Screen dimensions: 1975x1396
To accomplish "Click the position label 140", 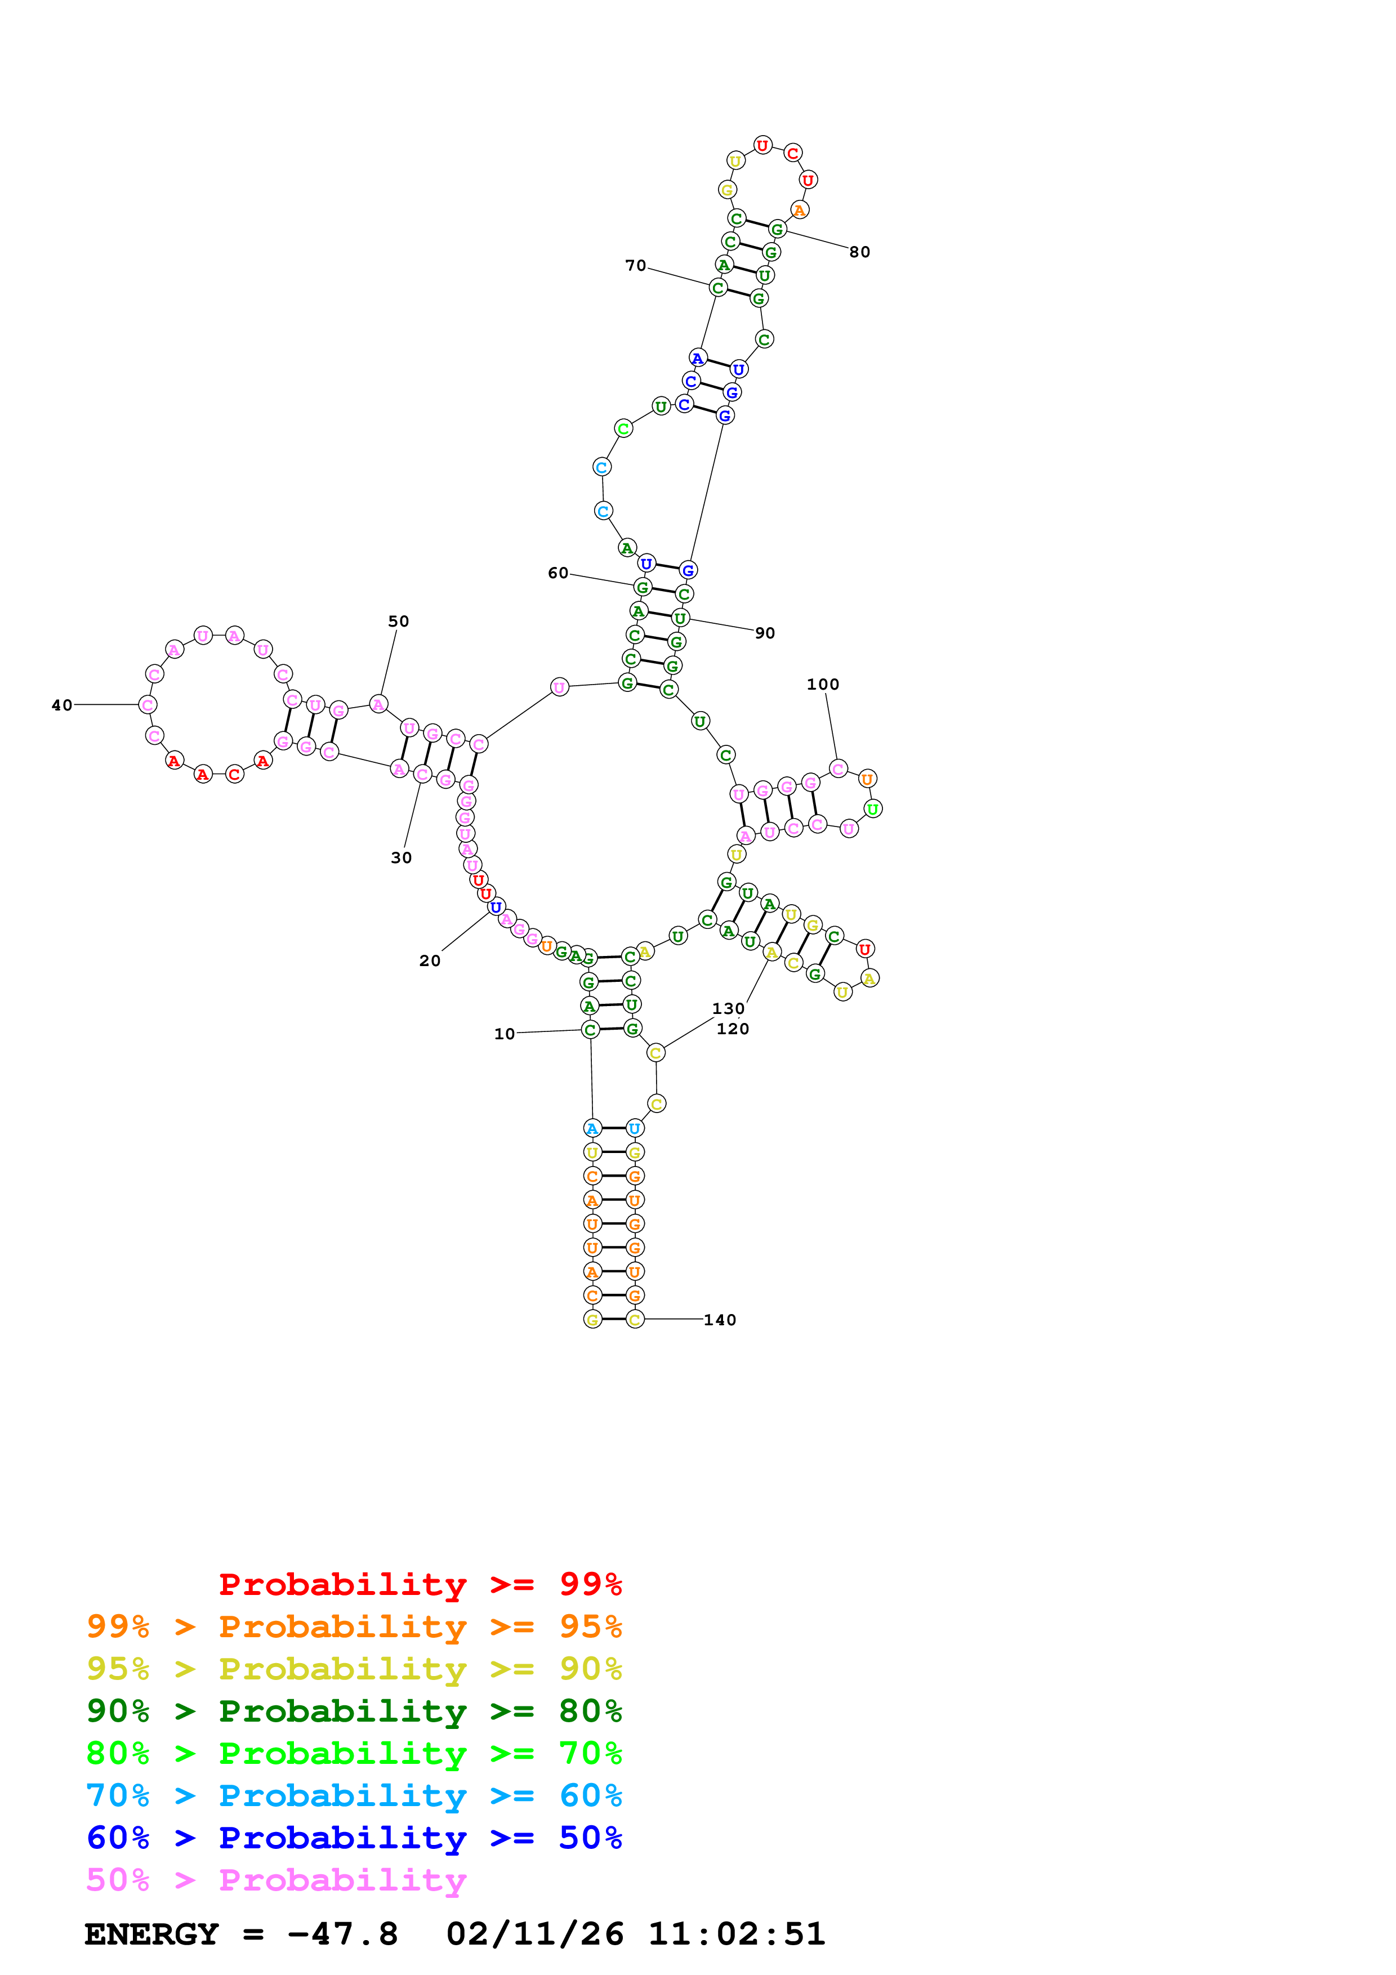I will (x=719, y=1320).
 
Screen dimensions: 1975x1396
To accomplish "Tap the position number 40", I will (x=62, y=705).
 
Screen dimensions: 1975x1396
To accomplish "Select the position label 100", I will (x=822, y=685).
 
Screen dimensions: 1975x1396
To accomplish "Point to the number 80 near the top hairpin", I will (x=859, y=252).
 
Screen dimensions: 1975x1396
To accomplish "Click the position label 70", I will (x=636, y=266).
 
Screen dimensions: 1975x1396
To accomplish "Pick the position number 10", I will (x=504, y=1034).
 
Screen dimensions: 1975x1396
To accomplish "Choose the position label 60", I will (x=558, y=573).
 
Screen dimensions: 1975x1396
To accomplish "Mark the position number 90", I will (x=765, y=633).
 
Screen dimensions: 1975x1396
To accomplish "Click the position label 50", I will (x=398, y=621).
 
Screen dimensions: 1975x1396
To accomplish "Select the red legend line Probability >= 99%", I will (x=420, y=1584).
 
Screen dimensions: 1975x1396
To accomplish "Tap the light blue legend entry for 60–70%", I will (x=354, y=1795).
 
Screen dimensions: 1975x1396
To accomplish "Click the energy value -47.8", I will (x=342, y=1934).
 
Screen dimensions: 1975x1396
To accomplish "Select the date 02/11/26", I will (x=534, y=1934).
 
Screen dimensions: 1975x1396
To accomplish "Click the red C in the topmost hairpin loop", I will (x=792, y=154).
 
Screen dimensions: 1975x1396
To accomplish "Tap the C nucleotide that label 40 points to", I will (x=148, y=705).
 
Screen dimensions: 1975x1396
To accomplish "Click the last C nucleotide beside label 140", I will (x=635, y=1320).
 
